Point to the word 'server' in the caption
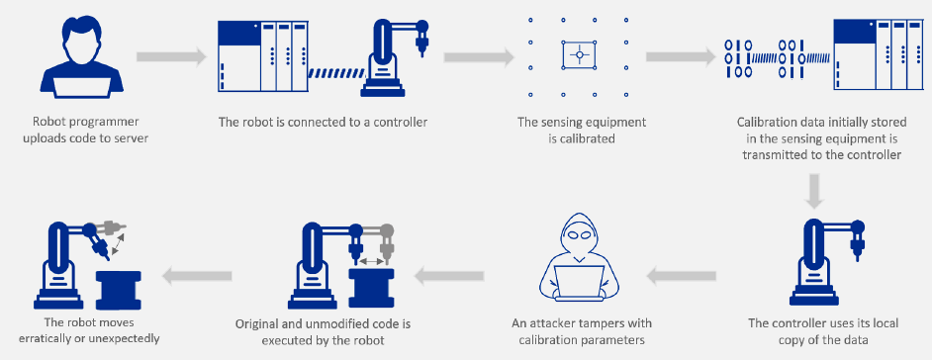click(x=130, y=138)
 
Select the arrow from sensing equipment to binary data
click(x=683, y=55)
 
